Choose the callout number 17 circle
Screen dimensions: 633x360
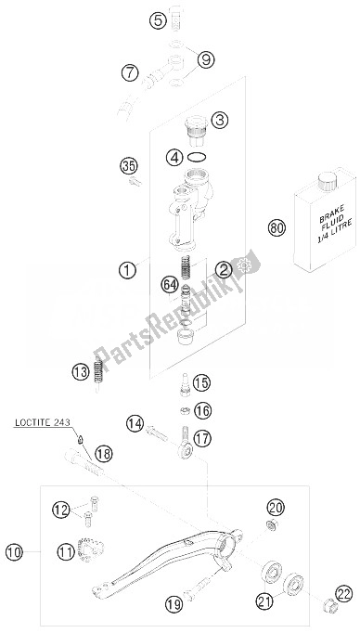tap(202, 438)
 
